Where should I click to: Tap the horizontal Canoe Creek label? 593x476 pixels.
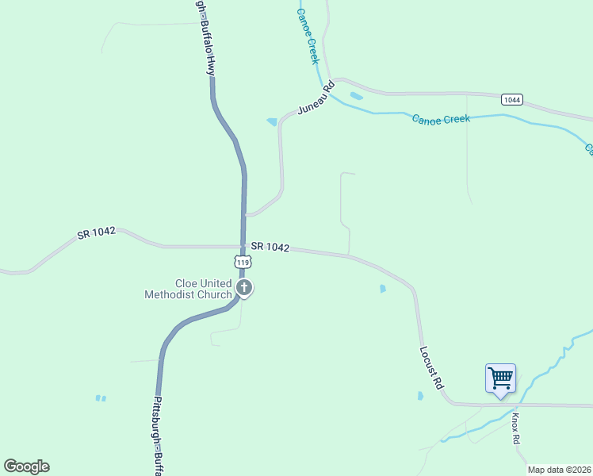(441, 119)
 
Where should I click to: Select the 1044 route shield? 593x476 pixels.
(511, 99)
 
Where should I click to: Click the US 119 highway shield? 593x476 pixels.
(243, 262)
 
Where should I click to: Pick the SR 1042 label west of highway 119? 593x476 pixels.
(97, 232)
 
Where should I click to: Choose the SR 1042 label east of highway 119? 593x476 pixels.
(270, 248)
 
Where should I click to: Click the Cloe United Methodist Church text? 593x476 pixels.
(188, 289)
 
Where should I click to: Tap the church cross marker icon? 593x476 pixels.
(245, 288)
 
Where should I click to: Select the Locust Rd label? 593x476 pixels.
(431, 367)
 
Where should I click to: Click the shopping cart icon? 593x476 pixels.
(500, 378)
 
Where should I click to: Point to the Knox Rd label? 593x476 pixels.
(515, 428)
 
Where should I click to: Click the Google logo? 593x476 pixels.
(26, 466)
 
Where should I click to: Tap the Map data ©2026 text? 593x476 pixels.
(559, 470)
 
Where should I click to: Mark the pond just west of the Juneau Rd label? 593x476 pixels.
(272, 121)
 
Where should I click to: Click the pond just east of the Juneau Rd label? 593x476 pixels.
(356, 96)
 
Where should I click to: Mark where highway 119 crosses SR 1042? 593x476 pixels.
(243, 247)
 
